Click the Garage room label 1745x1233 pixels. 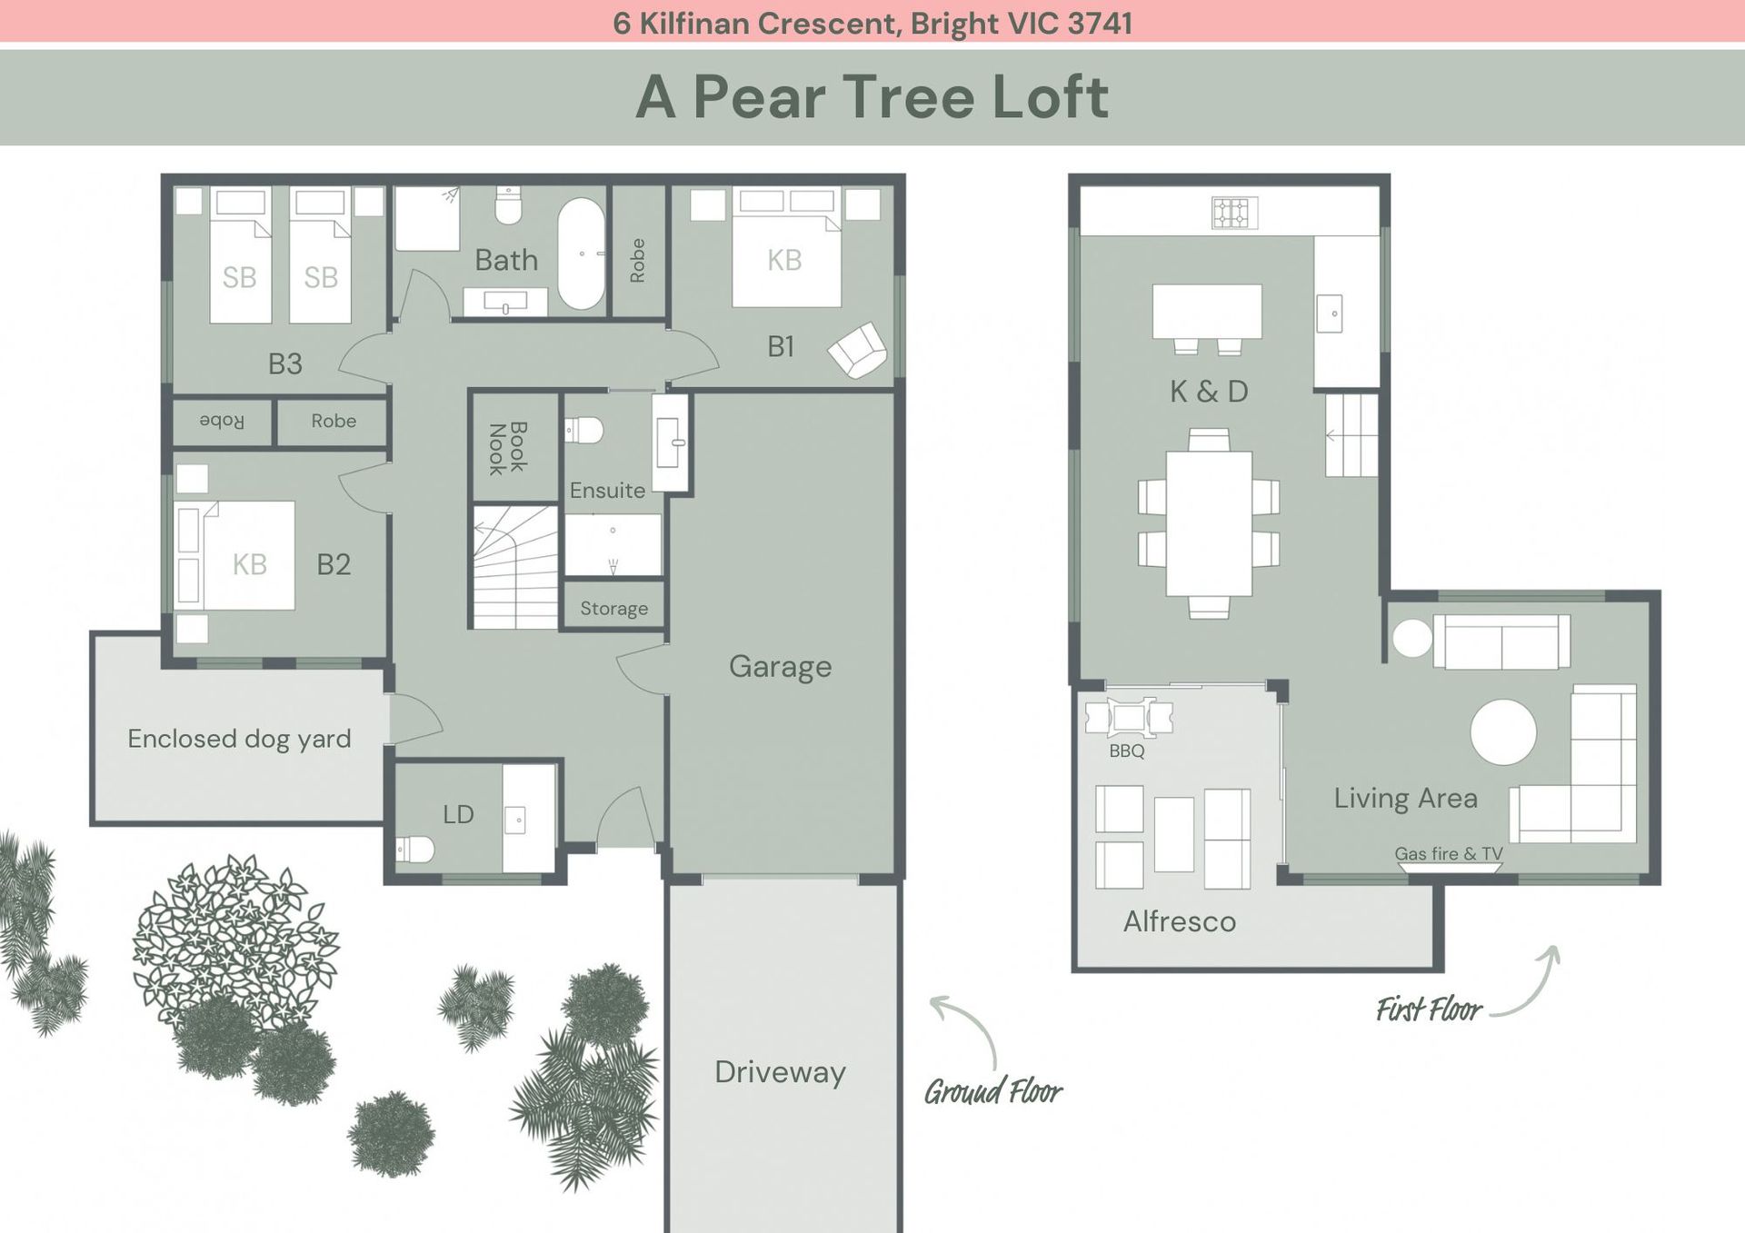[x=780, y=667]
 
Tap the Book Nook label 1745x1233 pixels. [x=507, y=448]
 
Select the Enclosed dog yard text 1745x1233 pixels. [x=239, y=739]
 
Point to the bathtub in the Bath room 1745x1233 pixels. [x=581, y=254]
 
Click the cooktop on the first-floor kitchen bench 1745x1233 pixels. [x=1234, y=214]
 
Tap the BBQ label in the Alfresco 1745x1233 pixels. [x=1127, y=751]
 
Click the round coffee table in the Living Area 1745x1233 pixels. [x=1503, y=731]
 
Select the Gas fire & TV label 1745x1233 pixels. [x=1449, y=854]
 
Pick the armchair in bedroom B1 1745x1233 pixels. [x=857, y=350]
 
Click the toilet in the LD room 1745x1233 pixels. [x=414, y=850]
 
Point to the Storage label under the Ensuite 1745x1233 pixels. [x=614, y=609]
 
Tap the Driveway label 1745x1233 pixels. [x=780, y=1072]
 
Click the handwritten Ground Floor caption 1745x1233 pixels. [x=993, y=1090]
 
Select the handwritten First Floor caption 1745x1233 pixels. [x=1429, y=1009]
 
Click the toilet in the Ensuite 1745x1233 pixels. [x=583, y=430]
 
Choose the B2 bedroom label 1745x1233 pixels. [x=334, y=565]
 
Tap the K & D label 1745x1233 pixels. [x=1209, y=392]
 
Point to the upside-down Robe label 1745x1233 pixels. [x=222, y=422]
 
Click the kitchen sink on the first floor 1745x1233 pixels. [x=1330, y=313]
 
